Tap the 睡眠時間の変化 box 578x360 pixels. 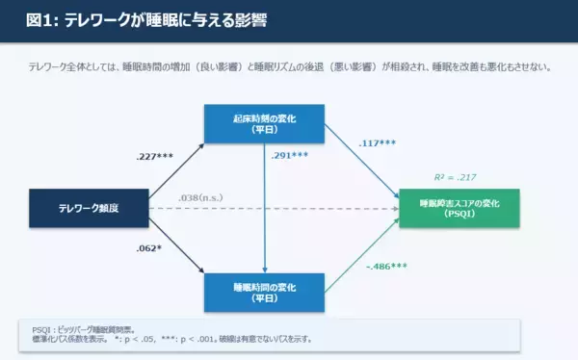click(265, 292)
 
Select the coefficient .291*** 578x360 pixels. click(290, 156)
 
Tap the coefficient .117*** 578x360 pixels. click(378, 145)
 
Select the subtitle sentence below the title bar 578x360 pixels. click(289, 66)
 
